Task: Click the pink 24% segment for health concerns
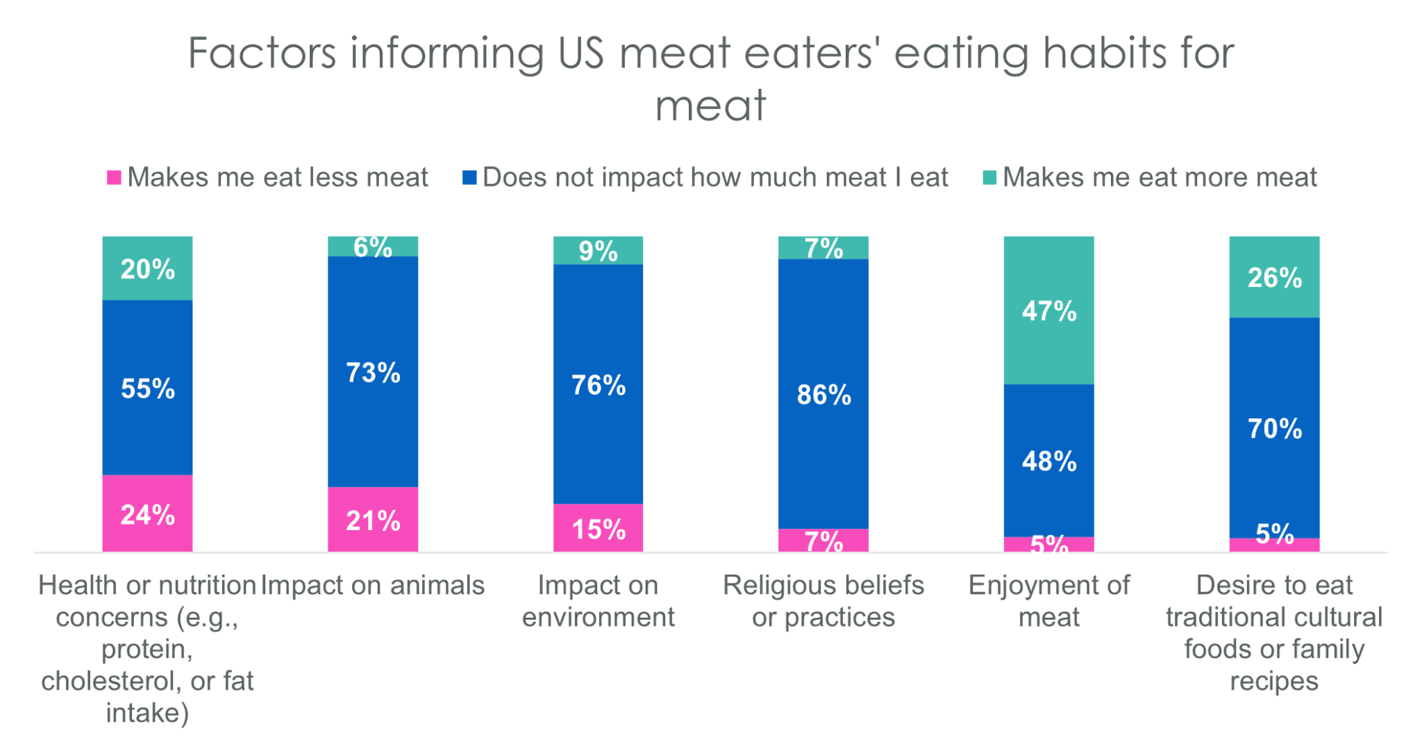click(147, 513)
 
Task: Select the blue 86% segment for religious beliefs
click(823, 394)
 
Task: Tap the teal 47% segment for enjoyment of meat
click(1048, 311)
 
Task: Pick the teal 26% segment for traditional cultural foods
click(1274, 277)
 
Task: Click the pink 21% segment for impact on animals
click(373, 520)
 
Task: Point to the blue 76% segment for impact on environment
click(598, 384)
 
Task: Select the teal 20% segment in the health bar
click(147, 268)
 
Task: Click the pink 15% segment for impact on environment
click(598, 528)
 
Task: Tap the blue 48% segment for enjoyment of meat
click(1048, 461)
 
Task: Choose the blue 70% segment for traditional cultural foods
click(1274, 428)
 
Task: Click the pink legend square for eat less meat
click(114, 178)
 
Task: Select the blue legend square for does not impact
click(469, 178)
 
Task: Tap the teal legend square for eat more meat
click(989, 178)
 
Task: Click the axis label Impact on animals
click(373, 585)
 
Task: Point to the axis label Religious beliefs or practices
click(823, 601)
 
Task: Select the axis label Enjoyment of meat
click(1048, 601)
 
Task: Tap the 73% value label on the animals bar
click(373, 372)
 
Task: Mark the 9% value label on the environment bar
click(598, 251)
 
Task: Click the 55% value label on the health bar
click(147, 388)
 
